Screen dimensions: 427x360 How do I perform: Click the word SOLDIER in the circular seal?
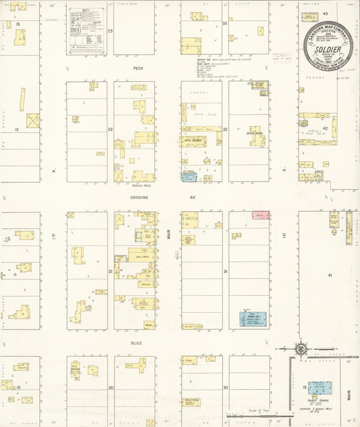point(329,48)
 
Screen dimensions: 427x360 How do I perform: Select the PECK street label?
point(138,68)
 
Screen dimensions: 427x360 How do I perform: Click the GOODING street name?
point(138,197)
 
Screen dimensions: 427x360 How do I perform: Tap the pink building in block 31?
point(260,215)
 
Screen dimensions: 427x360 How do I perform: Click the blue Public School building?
point(319,388)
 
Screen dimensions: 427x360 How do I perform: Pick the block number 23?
point(110,31)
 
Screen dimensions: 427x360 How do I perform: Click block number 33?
point(225,24)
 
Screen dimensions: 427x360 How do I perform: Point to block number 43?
point(325,14)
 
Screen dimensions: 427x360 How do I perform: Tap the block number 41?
point(330,276)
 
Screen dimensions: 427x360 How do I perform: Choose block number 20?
point(111,388)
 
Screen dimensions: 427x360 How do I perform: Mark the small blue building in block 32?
point(188,176)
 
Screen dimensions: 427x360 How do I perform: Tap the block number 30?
point(226,388)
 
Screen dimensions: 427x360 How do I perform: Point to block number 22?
point(110,128)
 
